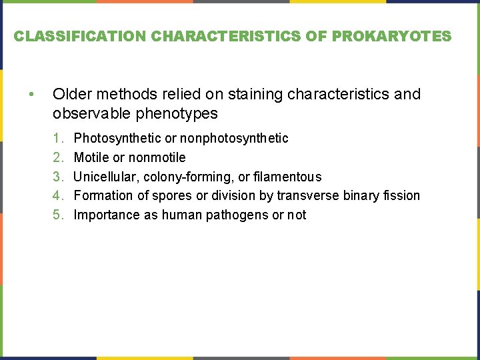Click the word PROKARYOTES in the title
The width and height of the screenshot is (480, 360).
406,36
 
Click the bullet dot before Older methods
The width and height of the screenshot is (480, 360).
31,94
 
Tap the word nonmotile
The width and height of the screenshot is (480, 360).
157,157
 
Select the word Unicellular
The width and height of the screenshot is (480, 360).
106,177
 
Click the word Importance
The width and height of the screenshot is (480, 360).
106,215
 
